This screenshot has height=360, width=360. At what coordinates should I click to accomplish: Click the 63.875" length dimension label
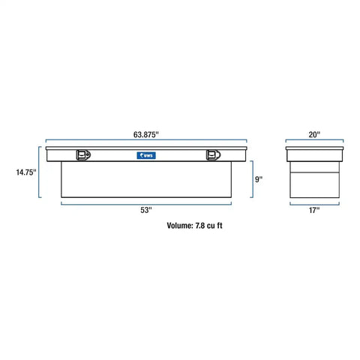(x=146, y=134)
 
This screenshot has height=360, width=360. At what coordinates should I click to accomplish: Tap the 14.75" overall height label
(x=26, y=172)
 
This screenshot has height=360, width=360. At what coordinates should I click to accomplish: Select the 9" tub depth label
(x=259, y=179)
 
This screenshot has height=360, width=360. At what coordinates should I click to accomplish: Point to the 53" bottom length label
(x=146, y=210)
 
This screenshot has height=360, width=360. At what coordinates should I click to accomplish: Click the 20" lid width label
(x=314, y=134)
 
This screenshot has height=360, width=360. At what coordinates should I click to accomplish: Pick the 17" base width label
(x=314, y=210)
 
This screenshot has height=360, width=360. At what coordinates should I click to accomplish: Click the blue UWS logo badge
(x=146, y=155)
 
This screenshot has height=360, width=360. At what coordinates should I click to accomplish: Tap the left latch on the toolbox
(x=83, y=155)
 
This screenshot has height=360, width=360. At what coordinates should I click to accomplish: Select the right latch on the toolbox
(x=213, y=155)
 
